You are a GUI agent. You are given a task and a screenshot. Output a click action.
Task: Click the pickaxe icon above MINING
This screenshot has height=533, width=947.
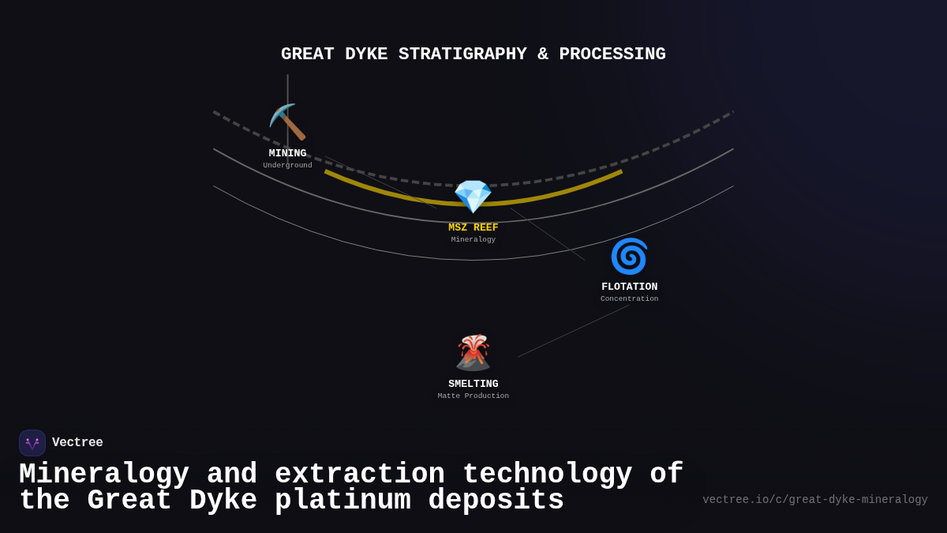coord(287,122)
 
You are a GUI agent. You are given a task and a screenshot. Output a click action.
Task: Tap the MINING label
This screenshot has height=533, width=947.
coord(287,153)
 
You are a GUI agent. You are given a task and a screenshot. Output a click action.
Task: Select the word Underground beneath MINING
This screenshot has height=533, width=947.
coord(287,166)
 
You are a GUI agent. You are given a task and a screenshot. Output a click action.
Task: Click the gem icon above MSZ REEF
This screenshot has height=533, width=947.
coord(473,197)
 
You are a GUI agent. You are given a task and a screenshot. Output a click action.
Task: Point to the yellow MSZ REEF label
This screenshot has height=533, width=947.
coord(473,227)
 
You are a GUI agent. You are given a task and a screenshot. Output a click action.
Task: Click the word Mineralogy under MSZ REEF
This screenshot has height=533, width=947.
coord(473,240)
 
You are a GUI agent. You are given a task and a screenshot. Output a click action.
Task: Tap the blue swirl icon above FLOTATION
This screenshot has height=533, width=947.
coord(629,257)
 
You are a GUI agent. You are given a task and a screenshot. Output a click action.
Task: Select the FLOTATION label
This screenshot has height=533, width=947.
coord(629,287)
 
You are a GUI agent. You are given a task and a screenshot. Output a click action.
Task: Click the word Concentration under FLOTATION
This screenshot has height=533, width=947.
coord(629,299)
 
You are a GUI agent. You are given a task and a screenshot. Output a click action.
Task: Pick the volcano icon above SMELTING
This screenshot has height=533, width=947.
coord(473,353)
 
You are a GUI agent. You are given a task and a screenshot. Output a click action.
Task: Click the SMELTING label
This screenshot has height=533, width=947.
coord(473,384)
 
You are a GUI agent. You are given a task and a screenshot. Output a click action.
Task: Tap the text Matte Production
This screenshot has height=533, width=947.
coord(473,396)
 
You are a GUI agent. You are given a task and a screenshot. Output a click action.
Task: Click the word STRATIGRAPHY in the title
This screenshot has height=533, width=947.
coord(462,54)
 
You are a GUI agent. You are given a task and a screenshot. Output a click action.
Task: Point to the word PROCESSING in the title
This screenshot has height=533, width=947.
coord(612,54)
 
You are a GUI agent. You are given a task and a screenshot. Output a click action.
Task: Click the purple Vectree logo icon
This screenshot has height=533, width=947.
coord(32,443)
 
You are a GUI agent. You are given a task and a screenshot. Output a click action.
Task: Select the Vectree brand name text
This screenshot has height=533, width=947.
coord(77,443)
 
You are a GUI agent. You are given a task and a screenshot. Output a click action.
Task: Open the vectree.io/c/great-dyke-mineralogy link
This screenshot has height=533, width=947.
coord(814,500)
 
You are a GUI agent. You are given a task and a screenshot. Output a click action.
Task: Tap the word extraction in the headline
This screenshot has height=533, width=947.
coord(360,475)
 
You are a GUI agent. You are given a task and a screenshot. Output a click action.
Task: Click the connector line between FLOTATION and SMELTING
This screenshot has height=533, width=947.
coord(574,331)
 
